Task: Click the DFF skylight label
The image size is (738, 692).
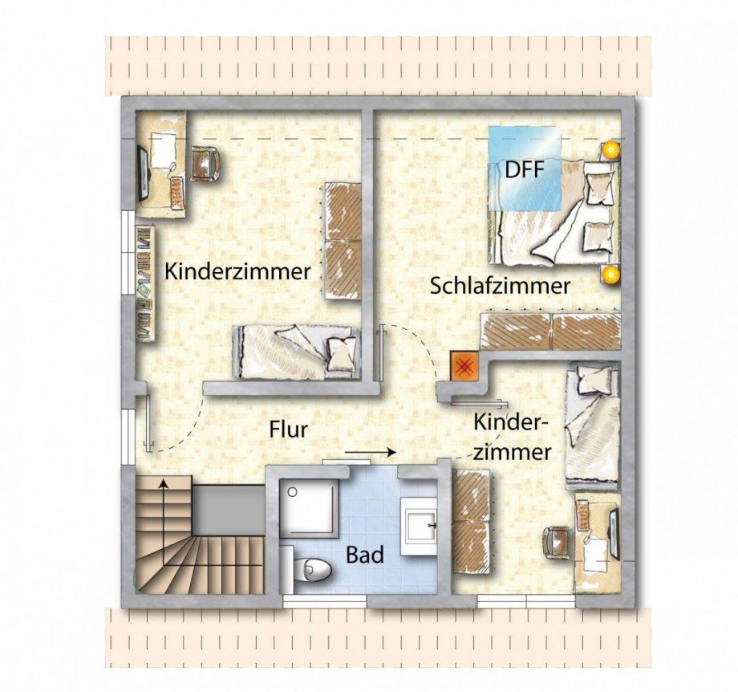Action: click(x=525, y=169)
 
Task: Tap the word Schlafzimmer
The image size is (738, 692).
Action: click(x=501, y=286)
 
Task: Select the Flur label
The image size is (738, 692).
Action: click(x=289, y=429)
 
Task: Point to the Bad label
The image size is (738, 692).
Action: click(x=365, y=555)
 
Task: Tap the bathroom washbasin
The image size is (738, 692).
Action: click(x=420, y=526)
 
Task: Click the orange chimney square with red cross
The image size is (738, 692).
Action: click(x=464, y=366)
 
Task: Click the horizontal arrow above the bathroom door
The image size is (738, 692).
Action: click(x=370, y=452)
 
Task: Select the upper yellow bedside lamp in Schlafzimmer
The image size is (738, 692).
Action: click(x=610, y=150)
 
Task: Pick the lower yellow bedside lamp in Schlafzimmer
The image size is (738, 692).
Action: click(x=610, y=274)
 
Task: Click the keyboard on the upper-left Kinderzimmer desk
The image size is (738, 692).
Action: click(x=177, y=193)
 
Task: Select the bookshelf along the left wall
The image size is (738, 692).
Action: click(x=145, y=282)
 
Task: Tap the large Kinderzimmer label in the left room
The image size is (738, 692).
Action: click(x=237, y=272)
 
